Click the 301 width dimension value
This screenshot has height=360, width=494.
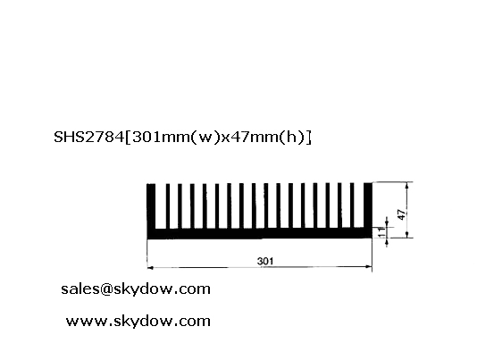[265, 261]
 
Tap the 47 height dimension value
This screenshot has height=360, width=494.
[401, 214]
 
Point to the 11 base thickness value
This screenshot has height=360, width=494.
[381, 232]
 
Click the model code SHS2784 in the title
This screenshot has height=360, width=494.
[89, 137]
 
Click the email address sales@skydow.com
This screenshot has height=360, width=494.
[136, 289]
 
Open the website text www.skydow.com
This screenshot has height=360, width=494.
[138, 321]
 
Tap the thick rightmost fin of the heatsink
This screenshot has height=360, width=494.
[368, 205]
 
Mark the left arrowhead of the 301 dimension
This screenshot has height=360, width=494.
[150, 268]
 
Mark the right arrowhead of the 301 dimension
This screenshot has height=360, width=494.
[368, 267]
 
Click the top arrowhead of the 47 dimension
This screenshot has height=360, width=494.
[407, 186]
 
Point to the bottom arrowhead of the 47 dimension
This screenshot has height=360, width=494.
[407, 234]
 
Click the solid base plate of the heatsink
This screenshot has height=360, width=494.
[259, 233]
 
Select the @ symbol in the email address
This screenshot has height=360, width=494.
[106, 289]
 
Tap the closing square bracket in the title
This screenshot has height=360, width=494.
[309, 138]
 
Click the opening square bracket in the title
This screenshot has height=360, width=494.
[129, 138]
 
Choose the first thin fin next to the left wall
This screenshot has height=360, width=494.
[168, 206]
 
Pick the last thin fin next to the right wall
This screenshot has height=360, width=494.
[352, 205]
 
